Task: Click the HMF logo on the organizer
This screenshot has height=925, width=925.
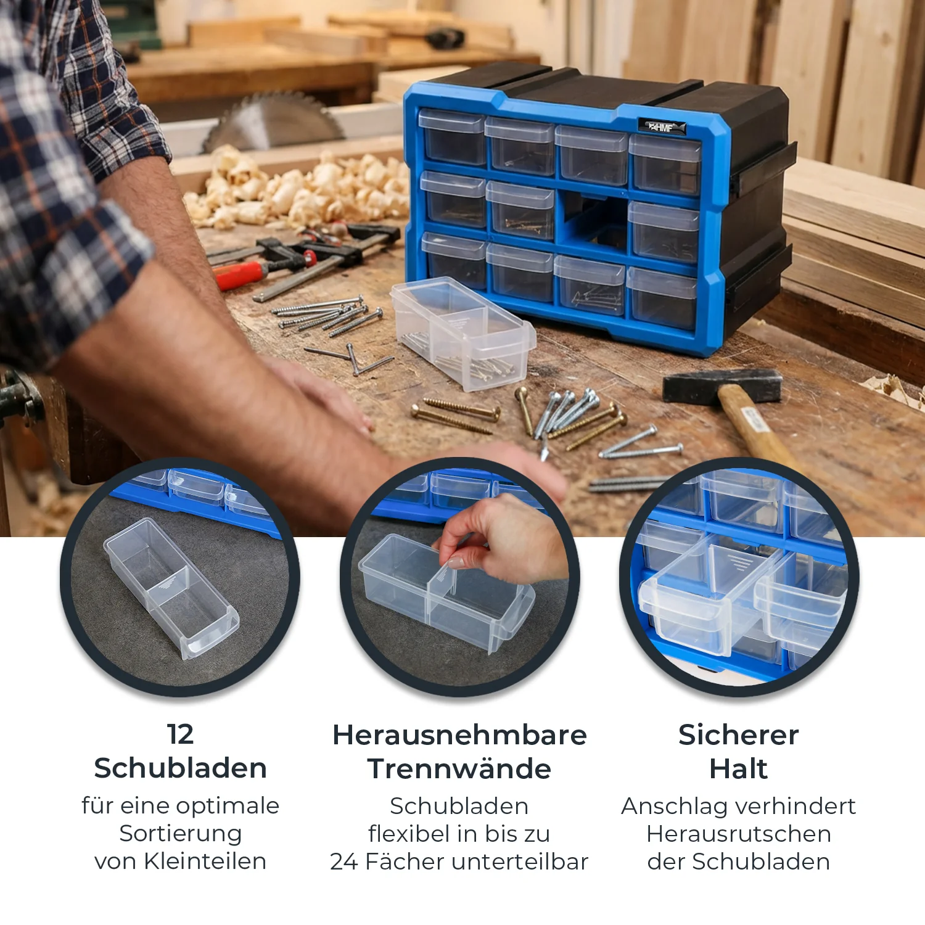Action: [662, 127]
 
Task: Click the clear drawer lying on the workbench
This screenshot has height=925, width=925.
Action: [463, 332]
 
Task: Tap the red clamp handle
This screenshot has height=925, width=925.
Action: [240, 274]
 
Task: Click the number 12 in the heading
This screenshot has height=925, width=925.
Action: [180, 734]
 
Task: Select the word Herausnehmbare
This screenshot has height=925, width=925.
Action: [459, 734]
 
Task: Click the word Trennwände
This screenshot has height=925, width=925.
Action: [459, 768]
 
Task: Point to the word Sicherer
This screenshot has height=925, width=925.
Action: [739, 734]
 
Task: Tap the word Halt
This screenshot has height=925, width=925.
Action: [739, 768]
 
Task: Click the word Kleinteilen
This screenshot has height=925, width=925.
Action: [205, 861]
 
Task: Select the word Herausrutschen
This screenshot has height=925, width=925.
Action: [739, 834]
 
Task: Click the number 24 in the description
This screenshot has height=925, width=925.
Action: [344, 861]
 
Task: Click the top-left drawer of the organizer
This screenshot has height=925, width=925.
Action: [452, 136]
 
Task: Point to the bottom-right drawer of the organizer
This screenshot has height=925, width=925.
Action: [662, 298]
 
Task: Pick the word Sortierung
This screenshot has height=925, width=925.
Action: [180, 834]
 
